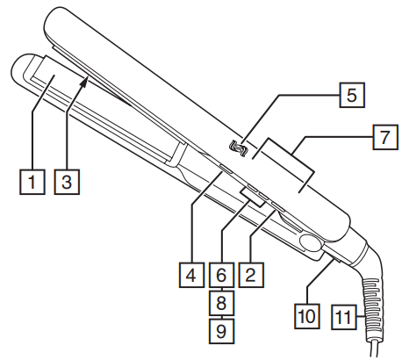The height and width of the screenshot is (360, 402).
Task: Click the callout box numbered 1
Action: point(32,184)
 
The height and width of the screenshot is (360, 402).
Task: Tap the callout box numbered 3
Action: point(65,184)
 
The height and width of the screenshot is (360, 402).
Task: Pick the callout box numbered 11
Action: point(343,313)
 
